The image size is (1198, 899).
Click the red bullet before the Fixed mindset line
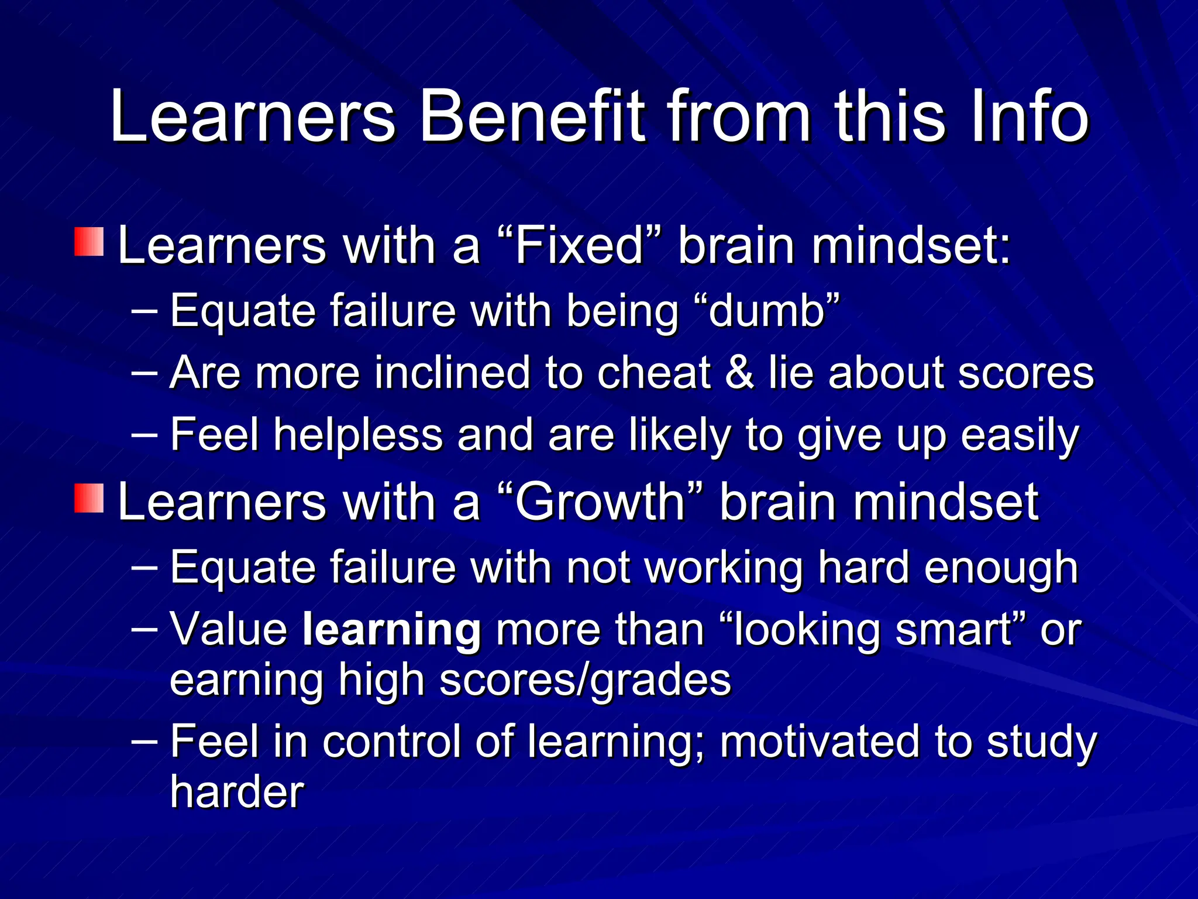point(89,242)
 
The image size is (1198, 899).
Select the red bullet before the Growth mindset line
point(89,498)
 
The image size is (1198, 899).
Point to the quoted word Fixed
point(579,246)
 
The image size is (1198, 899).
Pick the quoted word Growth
point(600,502)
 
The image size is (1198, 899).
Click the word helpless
point(358,435)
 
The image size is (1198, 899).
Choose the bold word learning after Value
point(392,631)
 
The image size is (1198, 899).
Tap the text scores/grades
point(585,681)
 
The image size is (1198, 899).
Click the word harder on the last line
point(237,792)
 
